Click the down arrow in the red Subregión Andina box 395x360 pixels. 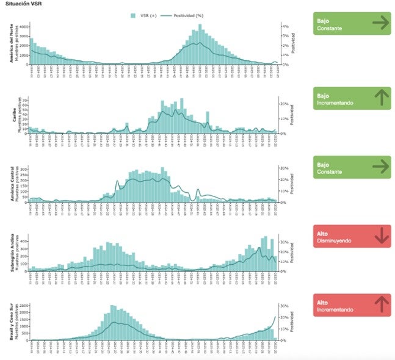(381, 236)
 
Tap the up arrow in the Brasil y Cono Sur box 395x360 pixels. (381, 304)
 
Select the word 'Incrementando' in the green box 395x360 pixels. (335, 103)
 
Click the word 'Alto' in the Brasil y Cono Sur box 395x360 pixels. (322, 301)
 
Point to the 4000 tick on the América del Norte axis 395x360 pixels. (24, 27)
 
